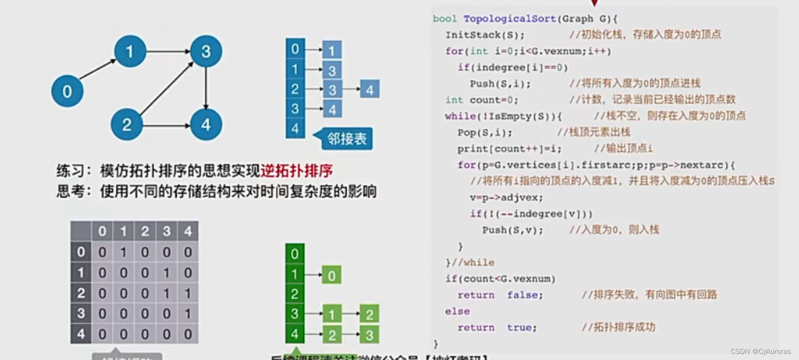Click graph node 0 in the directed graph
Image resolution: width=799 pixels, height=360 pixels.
click(67, 91)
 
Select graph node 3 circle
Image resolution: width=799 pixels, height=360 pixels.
click(205, 51)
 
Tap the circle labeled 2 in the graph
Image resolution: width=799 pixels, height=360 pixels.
click(127, 125)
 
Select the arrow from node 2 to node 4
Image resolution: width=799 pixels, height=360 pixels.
click(166, 125)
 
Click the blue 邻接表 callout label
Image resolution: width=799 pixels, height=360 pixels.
click(347, 139)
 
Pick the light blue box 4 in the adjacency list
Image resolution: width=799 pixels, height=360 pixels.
click(370, 90)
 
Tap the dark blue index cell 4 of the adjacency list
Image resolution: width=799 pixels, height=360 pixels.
click(295, 129)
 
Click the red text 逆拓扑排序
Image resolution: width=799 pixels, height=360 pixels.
click(297, 171)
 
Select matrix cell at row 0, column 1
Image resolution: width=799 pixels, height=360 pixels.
click(123, 252)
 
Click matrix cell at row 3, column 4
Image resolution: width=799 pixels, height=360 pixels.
click(188, 313)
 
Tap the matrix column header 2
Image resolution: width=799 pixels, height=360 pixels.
click(145, 231)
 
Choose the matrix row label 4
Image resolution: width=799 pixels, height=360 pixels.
click(81, 334)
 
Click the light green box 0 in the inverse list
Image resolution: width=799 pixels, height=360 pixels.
click(331, 275)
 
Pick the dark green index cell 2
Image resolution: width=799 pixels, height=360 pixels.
click(295, 294)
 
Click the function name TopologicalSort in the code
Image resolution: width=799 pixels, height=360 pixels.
click(510, 19)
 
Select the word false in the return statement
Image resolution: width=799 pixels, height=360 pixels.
click(525, 295)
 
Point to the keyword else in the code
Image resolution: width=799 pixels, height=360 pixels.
click(457, 311)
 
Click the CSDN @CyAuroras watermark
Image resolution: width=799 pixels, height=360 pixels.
click(760, 351)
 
